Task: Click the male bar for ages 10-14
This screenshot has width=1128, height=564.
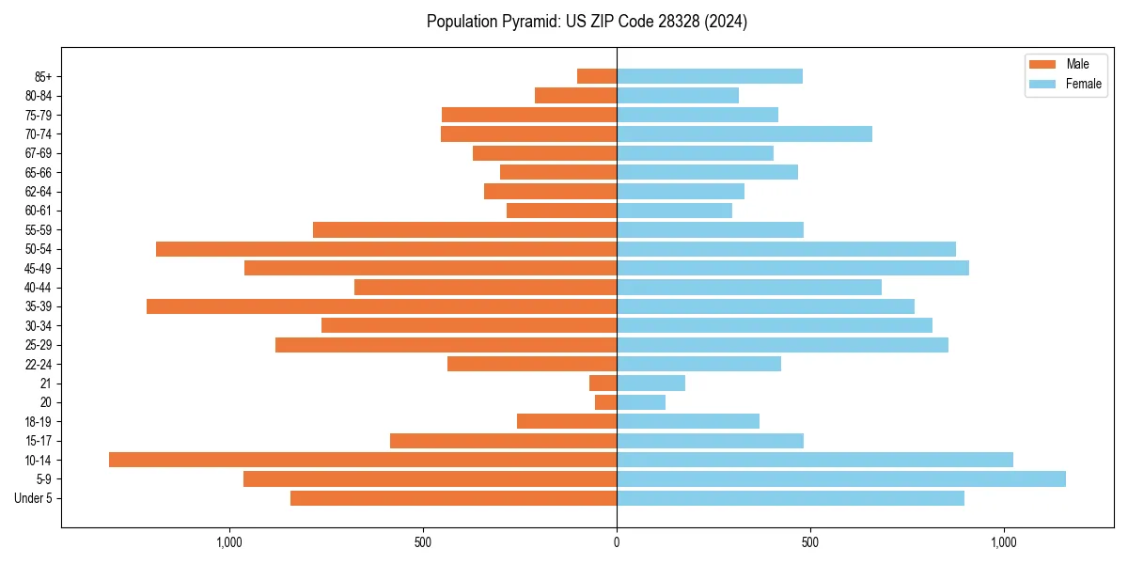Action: click(363, 460)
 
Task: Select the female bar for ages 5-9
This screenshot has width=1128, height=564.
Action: click(841, 478)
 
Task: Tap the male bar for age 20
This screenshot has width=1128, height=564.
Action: click(606, 402)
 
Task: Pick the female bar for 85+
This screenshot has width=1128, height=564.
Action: click(710, 76)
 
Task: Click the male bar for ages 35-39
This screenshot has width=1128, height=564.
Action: click(382, 306)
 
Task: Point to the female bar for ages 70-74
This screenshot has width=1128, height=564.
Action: click(744, 133)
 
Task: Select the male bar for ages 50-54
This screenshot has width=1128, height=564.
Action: click(386, 249)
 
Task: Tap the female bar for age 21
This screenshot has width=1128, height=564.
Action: click(650, 383)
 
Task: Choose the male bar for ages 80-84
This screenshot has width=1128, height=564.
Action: click(576, 95)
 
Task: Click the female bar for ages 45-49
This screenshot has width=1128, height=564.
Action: click(792, 268)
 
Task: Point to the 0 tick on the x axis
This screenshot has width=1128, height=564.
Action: click(617, 542)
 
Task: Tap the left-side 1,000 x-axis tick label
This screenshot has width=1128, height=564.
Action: click(229, 542)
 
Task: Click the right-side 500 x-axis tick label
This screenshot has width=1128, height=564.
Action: click(810, 542)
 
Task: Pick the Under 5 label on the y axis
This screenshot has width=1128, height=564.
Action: click(33, 498)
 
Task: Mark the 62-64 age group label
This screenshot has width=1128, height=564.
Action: click(38, 192)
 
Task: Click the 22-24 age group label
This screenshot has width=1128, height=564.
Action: click(38, 364)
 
